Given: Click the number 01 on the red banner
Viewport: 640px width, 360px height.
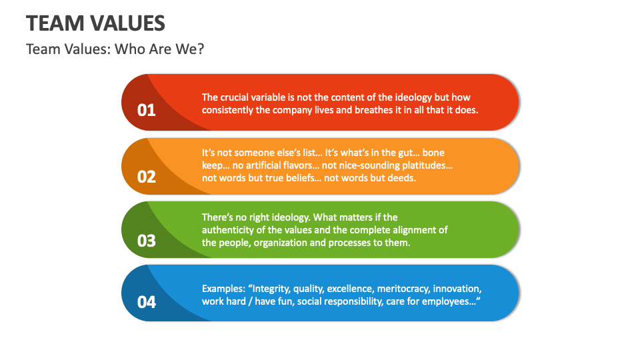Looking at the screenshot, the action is [x=146, y=110].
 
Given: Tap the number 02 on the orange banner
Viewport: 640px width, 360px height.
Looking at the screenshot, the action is [x=146, y=177].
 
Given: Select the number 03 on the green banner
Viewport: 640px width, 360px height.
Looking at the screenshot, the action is [x=146, y=241].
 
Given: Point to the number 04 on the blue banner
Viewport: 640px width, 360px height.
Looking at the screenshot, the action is [x=146, y=302].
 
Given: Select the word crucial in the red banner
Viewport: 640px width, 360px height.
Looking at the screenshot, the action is [x=234, y=97].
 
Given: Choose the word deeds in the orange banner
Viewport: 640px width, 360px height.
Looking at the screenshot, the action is [x=403, y=178].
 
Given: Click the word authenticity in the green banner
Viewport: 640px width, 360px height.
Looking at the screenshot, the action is [x=227, y=230].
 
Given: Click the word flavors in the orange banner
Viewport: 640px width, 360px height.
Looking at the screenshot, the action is [x=297, y=165].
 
